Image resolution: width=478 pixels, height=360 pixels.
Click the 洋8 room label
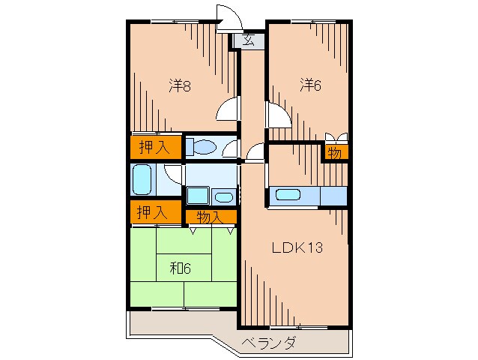pyautogui.click(x=180, y=85)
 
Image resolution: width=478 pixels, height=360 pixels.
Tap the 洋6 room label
pyautogui.click(x=310, y=85)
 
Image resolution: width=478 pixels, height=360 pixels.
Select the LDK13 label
pyautogui.click(x=297, y=247)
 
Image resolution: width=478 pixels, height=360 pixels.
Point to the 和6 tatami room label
pyautogui.click(x=180, y=268)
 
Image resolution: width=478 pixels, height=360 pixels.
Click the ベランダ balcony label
pyautogui.click(x=268, y=343)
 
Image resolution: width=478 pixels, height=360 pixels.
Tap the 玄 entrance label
pyautogui.click(x=249, y=40)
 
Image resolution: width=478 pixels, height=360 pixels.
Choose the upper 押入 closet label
pyautogui.click(x=154, y=148)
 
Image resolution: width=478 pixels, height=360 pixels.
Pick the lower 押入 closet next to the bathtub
pyautogui.click(x=152, y=212)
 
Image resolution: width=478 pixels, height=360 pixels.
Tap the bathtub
pyautogui.click(x=142, y=180)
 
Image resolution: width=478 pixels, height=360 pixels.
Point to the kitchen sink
pyautogui.click(x=288, y=195)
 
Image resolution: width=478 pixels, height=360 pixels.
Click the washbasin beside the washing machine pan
pyautogui.click(x=224, y=197)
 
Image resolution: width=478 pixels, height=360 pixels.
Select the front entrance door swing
pyautogui.click(x=229, y=18)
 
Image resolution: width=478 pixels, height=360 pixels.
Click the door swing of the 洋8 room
pyautogui.click(x=228, y=109)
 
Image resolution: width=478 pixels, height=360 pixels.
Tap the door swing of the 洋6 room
pyautogui.click(x=278, y=115)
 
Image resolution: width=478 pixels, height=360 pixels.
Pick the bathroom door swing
pyautogui.click(x=174, y=174)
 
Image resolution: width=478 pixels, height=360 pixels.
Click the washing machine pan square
pyautogui.click(x=198, y=196)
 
